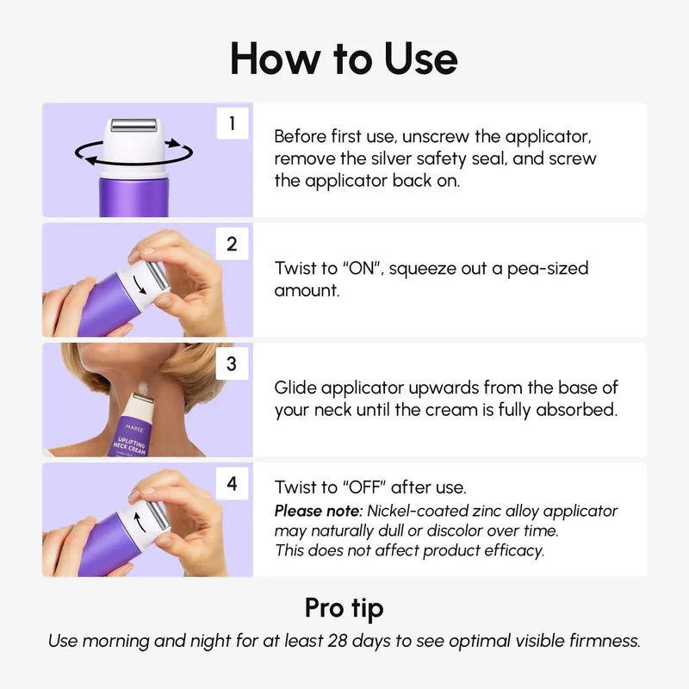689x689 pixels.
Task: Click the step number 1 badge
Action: (x=232, y=124)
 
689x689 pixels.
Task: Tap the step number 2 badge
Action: (x=232, y=244)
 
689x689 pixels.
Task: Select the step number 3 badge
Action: (x=232, y=363)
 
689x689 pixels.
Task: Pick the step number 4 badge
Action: (x=232, y=484)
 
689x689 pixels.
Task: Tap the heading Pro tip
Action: (x=344, y=608)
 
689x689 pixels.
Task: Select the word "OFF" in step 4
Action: (x=368, y=487)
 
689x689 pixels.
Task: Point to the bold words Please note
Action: (x=313, y=511)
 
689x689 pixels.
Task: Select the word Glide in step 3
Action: (x=296, y=388)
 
